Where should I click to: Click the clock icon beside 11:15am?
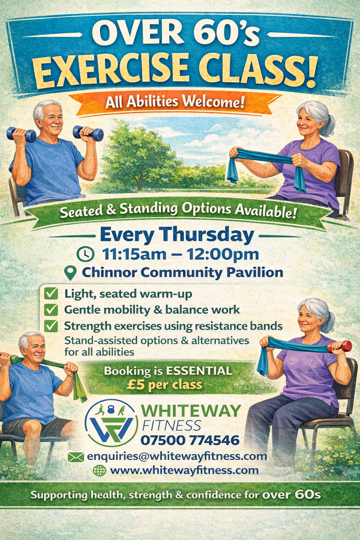click(x=85, y=254)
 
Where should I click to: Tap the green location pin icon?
click(x=71, y=273)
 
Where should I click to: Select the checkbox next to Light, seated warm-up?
click(x=51, y=294)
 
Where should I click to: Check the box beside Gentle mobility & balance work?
click(x=51, y=310)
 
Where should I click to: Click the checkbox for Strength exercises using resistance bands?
click(x=51, y=326)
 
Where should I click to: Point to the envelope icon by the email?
click(x=76, y=457)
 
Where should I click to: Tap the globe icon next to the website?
click(x=100, y=470)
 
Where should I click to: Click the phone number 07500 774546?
click(x=190, y=440)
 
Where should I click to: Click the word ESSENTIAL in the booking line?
click(x=199, y=371)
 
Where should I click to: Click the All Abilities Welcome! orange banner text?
click(x=175, y=102)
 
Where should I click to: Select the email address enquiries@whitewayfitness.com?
click(x=177, y=456)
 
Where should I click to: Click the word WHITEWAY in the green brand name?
click(x=191, y=410)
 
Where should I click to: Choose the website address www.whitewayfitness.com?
click(x=184, y=470)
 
